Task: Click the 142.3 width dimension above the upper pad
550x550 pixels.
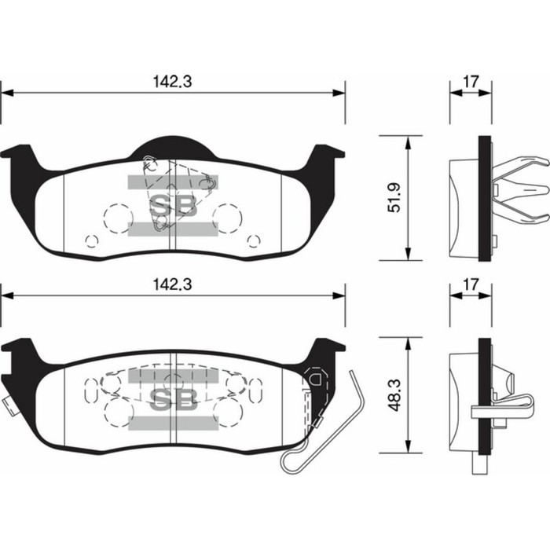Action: [171, 81]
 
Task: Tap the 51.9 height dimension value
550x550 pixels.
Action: [396, 197]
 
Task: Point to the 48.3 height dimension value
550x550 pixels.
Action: [396, 396]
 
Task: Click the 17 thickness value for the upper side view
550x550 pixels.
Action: [471, 81]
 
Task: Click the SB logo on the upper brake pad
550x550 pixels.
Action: [172, 207]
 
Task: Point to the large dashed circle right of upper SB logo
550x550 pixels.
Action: [228, 218]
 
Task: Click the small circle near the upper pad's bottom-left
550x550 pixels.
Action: [90, 240]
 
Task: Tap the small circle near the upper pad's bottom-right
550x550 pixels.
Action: [253, 240]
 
